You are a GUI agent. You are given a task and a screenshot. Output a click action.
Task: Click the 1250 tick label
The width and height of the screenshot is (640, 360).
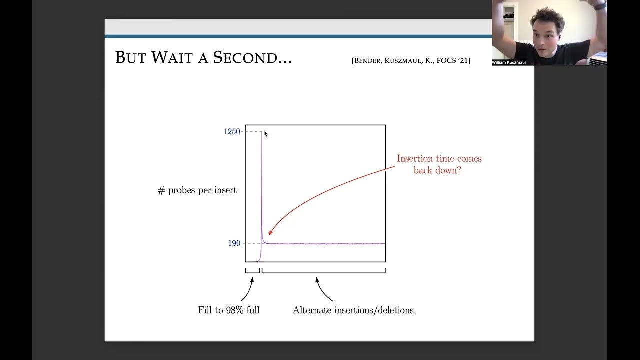(x=232, y=132)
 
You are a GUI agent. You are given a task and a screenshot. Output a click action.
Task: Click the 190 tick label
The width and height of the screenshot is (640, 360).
(x=234, y=243)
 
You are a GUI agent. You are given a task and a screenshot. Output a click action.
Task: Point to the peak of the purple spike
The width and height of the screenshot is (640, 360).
(x=261, y=133)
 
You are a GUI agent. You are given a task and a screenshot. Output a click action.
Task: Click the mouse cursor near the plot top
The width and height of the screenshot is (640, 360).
(x=266, y=133)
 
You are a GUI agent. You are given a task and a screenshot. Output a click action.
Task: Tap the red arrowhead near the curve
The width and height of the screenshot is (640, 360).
(x=271, y=232)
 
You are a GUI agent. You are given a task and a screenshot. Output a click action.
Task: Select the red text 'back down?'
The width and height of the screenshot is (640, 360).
(x=437, y=170)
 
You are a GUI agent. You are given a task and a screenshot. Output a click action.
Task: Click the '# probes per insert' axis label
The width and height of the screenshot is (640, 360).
(x=197, y=191)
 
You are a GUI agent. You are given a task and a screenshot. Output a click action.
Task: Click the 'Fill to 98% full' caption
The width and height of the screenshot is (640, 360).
(x=229, y=310)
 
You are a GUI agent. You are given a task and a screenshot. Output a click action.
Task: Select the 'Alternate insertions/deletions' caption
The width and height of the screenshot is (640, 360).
(x=353, y=310)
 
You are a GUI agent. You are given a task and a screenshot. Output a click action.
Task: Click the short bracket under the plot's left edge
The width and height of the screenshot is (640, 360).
(x=252, y=271)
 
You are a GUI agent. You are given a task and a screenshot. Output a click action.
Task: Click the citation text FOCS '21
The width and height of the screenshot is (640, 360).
(x=451, y=61)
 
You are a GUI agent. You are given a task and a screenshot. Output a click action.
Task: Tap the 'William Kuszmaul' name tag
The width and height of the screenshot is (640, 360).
(x=509, y=62)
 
